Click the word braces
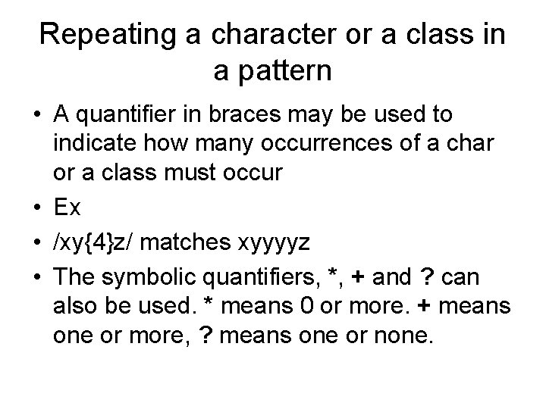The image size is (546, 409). click(x=249, y=114)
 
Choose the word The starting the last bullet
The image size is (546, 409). click(x=74, y=279)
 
